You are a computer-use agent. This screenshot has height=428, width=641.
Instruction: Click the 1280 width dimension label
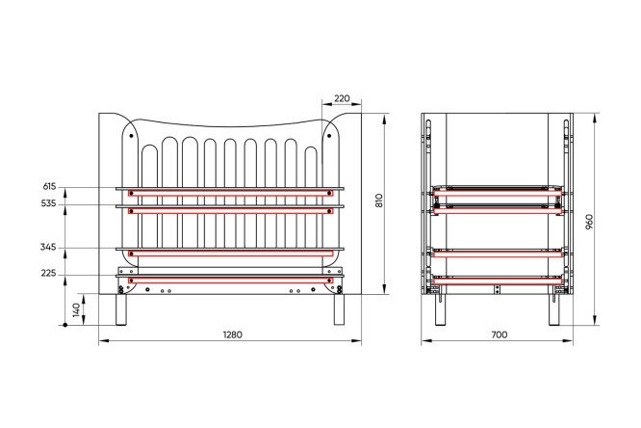(232, 334)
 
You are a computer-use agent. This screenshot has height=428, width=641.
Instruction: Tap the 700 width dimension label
(500, 334)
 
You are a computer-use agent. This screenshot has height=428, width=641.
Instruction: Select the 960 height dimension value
(589, 221)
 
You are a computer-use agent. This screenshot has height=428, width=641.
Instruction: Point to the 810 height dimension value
(379, 200)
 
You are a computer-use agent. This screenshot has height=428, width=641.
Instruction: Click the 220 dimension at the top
(342, 98)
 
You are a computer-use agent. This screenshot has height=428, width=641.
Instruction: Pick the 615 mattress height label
(49, 186)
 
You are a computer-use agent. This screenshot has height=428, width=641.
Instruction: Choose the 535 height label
(49, 203)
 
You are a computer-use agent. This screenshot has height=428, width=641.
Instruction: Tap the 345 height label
(48, 248)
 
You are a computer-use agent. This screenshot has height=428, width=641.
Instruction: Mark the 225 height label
(48, 273)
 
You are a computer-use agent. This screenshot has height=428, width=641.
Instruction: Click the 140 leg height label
(76, 310)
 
